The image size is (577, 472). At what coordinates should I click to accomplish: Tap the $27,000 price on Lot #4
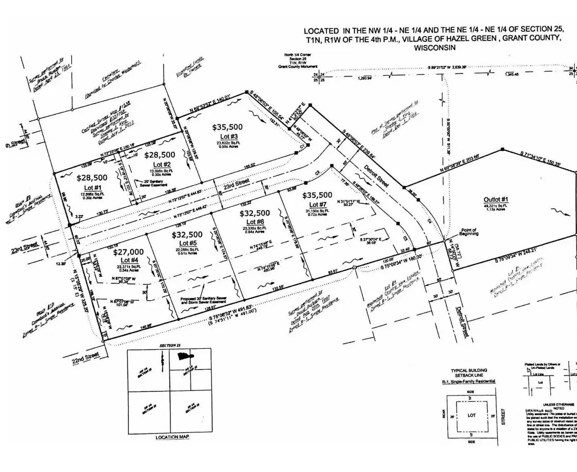[x=128, y=251]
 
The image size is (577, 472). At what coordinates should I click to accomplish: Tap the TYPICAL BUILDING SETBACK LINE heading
[x=468, y=373]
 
